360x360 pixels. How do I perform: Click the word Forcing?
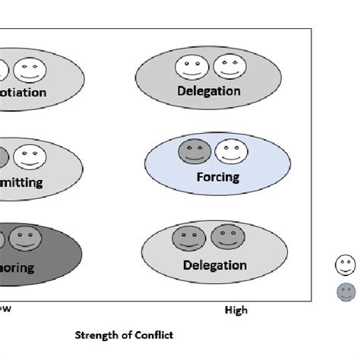tap(217, 177)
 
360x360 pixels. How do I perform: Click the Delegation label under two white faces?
tap(209, 91)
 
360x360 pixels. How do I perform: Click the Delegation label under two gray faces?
tap(215, 265)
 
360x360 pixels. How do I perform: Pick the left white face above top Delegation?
tap(190, 69)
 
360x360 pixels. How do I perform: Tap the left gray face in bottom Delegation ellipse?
tap(187, 238)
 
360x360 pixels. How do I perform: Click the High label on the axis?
tap(235, 310)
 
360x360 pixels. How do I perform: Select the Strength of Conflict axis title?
tap(123, 333)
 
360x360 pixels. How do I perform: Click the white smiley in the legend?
tap(346, 266)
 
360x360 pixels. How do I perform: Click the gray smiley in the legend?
tap(346, 292)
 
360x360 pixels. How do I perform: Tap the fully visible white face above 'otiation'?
tap(30, 71)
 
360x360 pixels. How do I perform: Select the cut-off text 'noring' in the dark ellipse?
tap(19, 267)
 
